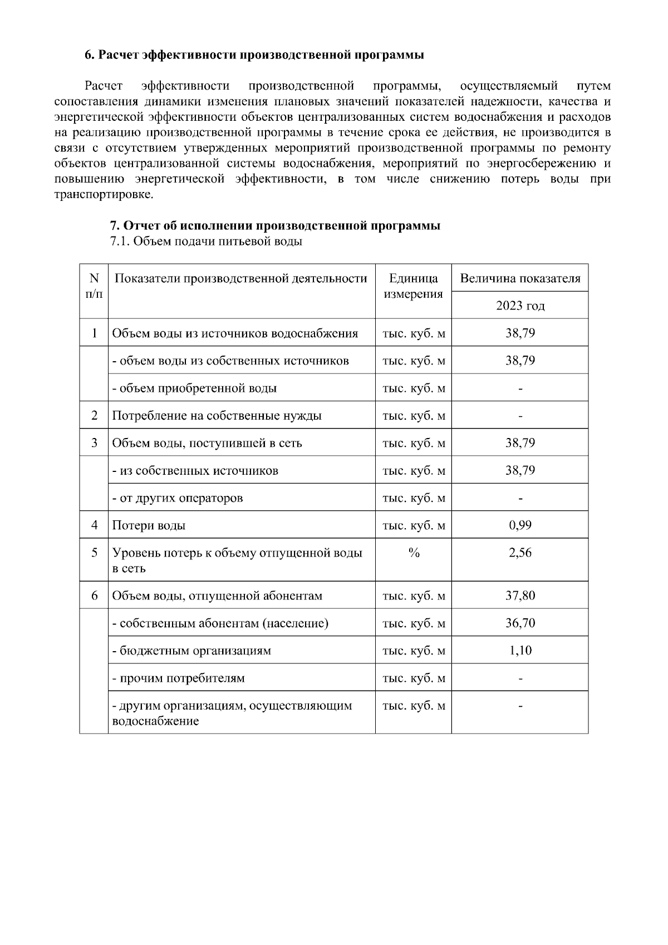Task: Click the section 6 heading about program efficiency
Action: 254,55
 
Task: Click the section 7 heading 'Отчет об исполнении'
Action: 274,225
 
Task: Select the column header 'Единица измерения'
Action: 413,286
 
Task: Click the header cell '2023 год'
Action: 520,306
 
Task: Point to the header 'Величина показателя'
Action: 520,278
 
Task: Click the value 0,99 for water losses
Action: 520,525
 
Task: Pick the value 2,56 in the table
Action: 520,553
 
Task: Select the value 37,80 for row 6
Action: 520,595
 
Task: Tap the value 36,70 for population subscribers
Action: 520,623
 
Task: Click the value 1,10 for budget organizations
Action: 520,650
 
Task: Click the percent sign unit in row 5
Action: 414,553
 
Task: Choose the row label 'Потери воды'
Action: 149,525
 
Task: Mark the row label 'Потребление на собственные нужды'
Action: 217,416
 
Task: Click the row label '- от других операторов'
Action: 178,498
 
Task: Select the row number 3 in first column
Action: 94,443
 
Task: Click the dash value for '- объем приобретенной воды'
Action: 520,388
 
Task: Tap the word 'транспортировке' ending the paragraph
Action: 103,195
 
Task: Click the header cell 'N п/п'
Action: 94,286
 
